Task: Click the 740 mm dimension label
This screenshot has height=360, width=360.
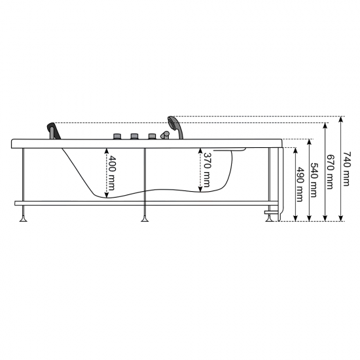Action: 346,168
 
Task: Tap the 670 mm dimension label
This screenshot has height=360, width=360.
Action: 330,171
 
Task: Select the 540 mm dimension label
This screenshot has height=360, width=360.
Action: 314,180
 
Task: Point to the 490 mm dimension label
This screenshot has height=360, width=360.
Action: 300,185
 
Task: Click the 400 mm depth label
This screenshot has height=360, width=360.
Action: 111,173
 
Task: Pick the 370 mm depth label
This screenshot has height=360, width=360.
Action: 207,170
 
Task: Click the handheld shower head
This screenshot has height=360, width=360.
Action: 175,128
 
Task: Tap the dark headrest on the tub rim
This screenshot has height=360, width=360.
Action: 54,131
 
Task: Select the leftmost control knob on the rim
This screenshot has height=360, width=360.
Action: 117,136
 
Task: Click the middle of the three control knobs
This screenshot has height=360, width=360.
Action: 135,136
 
